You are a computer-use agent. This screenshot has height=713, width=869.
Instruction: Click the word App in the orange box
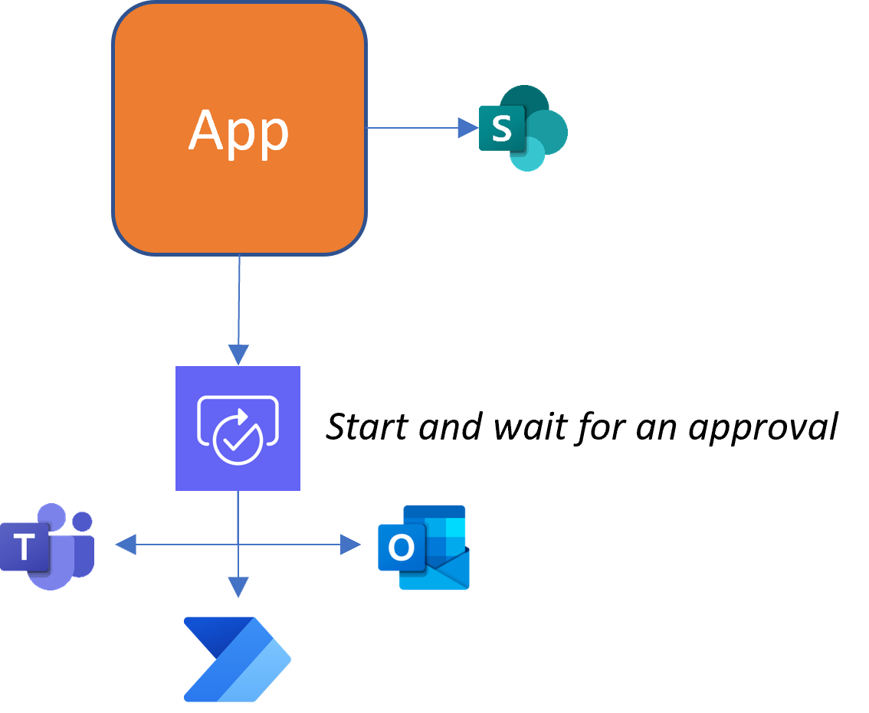point(238,132)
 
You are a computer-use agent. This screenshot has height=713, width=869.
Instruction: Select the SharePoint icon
point(523,128)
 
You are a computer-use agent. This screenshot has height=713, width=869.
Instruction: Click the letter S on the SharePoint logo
point(501,129)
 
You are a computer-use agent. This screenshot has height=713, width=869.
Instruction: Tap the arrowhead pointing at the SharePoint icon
point(467,128)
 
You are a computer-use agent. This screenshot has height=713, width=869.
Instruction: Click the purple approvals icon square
point(238,428)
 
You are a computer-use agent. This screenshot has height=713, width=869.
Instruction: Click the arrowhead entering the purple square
point(238,355)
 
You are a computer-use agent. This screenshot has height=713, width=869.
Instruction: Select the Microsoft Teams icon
point(48,546)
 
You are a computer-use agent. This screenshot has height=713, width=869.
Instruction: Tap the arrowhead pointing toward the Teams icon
point(126,545)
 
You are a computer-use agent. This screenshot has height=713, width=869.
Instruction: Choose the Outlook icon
point(424,547)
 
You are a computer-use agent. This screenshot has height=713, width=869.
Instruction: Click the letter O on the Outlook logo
point(401,548)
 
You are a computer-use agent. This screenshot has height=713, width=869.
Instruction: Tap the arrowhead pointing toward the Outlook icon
point(351,545)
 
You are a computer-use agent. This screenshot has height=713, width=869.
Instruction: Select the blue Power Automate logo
point(238,659)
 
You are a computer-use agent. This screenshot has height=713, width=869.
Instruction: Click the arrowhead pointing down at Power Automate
point(238,587)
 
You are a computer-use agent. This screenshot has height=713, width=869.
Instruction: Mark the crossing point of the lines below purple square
point(238,545)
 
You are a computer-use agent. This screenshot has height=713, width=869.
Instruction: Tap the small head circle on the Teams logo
point(83,522)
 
